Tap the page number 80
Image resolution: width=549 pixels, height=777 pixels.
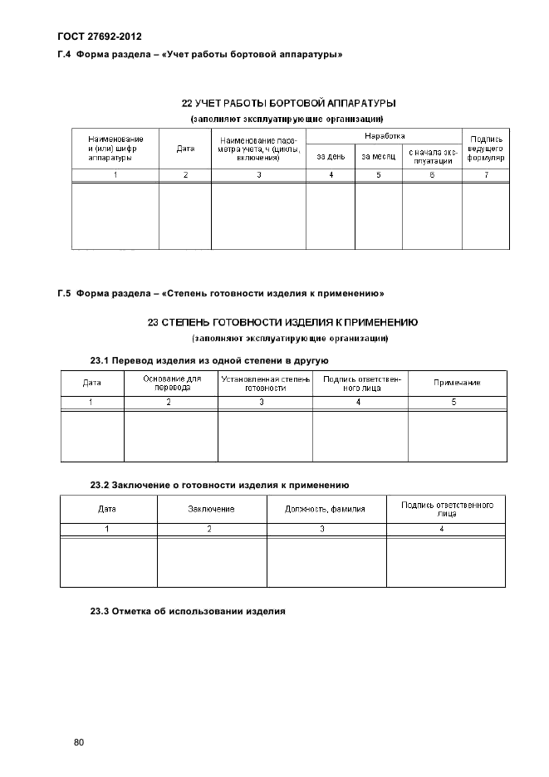coord(79,742)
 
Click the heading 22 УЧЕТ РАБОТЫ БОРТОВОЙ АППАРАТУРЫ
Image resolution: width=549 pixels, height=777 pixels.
coord(287,104)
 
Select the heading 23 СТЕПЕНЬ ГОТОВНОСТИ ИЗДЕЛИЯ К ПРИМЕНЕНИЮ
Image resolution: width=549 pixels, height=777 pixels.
coord(287,322)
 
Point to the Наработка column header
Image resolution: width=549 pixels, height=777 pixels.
coord(385,135)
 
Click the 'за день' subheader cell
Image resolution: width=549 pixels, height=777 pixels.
coord(331,156)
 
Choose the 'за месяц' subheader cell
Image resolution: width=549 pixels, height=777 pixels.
coord(379,156)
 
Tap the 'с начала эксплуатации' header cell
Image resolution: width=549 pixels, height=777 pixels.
coord(432,156)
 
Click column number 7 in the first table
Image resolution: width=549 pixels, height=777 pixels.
coord(486,175)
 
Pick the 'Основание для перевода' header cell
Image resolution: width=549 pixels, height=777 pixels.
coord(171,383)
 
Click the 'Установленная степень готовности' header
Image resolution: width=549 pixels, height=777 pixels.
coord(265,383)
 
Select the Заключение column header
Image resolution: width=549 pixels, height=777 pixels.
coord(211,509)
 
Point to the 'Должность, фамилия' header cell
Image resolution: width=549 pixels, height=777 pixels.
coord(326,509)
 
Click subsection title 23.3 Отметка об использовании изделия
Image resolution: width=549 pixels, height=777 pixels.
coord(188,611)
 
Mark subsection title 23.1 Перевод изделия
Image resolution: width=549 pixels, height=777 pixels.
coord(209,361)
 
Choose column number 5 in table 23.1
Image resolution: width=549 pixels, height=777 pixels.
coord(453,402)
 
